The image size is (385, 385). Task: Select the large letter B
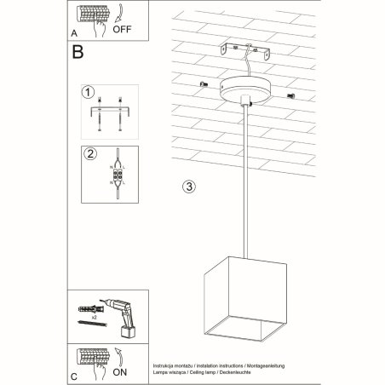(x=78, y=52)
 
